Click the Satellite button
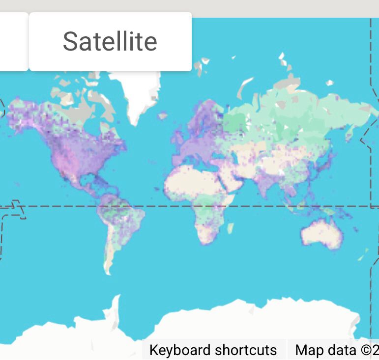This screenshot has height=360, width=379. [110, 42]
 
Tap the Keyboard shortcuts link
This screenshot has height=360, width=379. [213, 350]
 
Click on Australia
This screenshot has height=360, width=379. [321, 234]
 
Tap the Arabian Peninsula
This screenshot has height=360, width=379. [231, 181]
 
